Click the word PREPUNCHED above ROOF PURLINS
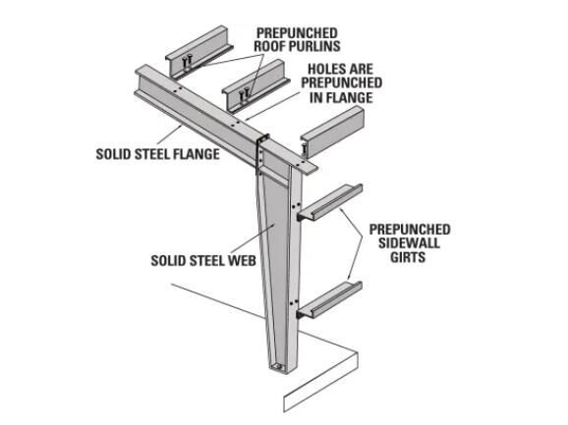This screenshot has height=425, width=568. click(297, 33)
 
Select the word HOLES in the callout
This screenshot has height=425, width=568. click(324, 69)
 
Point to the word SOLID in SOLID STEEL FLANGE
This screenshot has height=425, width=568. click(113, 154)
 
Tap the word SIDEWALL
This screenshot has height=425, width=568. click(409, 243)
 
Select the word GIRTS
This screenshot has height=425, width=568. click(408, 257)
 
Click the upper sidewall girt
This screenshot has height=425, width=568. click(329, 202)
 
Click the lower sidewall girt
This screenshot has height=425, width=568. click(329, 300)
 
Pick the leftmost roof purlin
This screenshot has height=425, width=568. click(199, 52)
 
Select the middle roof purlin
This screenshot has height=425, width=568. click(256, 86)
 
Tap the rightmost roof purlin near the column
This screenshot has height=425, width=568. click(332, 132)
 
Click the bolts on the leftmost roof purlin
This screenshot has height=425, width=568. click(187, 62)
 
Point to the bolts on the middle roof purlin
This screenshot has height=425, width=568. click(244, 95)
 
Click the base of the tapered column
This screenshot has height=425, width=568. click(279, 366)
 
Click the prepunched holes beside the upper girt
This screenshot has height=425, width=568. click(296, 206)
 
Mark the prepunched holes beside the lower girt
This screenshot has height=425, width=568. click(294, 302)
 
